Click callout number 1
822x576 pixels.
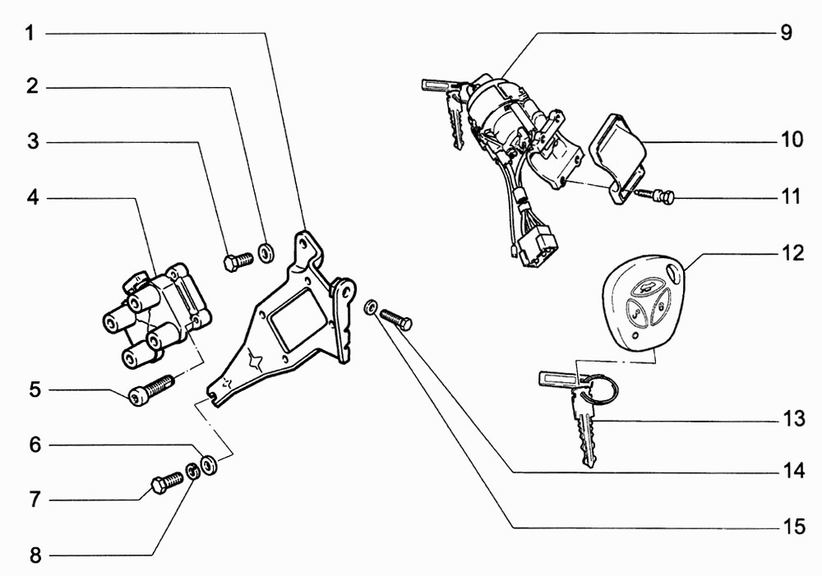(x=30, y=34)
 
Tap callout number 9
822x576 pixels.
(x=786, y=33)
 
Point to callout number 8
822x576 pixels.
(x=35, y=555)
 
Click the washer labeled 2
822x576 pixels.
(x=267, y=252)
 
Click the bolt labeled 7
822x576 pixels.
(x=168, y=482)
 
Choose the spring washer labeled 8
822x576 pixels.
(x=193, y=470)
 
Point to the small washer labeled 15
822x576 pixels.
(x=370, y=307)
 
